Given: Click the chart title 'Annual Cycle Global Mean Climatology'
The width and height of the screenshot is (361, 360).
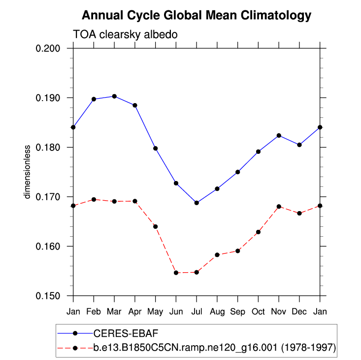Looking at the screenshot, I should click(x=197, y=16).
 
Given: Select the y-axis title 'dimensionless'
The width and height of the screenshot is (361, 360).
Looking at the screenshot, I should click(x=28, y=172).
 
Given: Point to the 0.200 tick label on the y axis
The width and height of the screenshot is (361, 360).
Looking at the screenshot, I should click(x=48, y=48).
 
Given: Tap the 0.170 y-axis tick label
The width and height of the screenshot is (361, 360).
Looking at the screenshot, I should click(x=48, y=197).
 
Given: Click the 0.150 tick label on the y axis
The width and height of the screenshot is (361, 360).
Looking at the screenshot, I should click(x=48, y=296).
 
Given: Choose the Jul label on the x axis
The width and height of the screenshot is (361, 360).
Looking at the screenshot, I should click(x=197, y=312).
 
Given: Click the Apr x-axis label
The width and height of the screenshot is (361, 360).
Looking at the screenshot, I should click(x=135, y=312).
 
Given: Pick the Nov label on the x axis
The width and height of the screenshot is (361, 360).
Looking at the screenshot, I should click(x=279, y=312).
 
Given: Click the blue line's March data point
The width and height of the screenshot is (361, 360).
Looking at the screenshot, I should click(x=114, y=96).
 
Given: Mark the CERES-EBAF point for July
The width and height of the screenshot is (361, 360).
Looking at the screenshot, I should click(x=197, y=203).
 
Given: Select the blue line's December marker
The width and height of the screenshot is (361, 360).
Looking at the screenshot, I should click(x=299, y=144).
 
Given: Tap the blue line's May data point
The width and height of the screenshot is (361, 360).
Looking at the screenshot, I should click(x=156, y=148).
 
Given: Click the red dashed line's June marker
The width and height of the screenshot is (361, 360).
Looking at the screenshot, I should click(x=176, y=273).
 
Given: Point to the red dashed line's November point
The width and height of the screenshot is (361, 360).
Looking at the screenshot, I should click(x=279, y=207).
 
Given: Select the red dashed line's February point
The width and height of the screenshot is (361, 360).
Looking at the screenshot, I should click(x=94, y=199).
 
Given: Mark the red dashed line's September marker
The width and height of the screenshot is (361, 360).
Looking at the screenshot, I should click(x=238, y=251).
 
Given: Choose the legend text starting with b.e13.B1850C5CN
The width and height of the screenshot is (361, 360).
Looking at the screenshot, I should click(x=215, y=348).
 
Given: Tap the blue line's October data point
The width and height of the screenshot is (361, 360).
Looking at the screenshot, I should click(x=259, y=151).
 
